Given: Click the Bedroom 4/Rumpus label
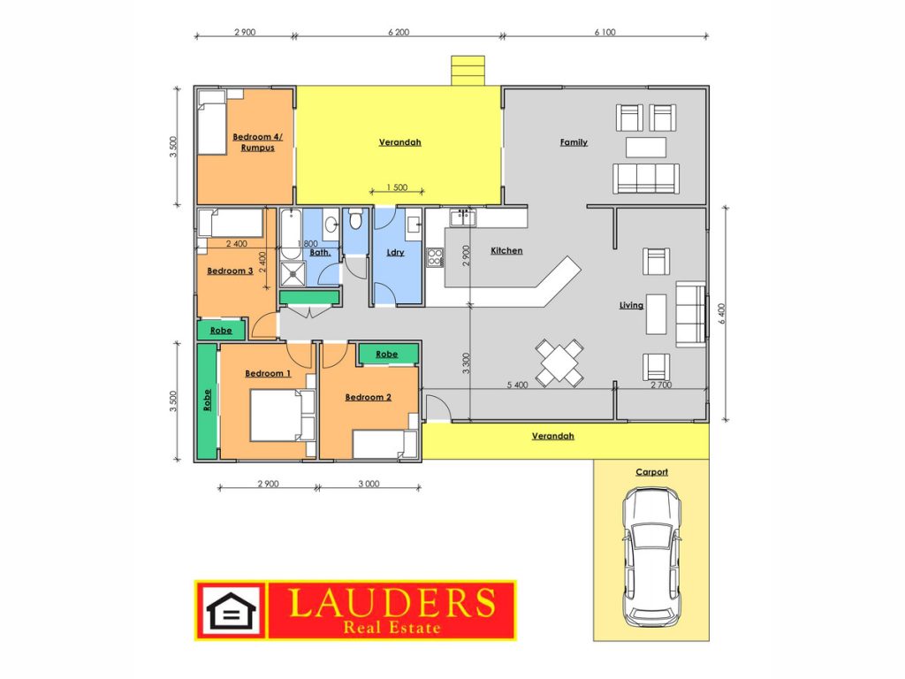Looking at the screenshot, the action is tap(257, 142).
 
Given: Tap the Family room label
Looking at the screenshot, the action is tap(574, 142).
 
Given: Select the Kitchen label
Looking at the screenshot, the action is tap(506, 250).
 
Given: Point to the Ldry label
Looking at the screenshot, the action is tap(395, 252).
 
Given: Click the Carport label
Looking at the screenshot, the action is tap(651, 472).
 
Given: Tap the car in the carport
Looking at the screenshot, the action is tap(651, 557).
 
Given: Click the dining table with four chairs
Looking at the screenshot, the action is tap(559, 362).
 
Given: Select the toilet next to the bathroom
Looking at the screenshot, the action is tap(355, 219).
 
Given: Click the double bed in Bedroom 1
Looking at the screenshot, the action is tap(282, 416).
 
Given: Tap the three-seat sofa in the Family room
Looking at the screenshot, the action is tap(646, 179).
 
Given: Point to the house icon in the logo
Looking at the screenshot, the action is tap(231, 610).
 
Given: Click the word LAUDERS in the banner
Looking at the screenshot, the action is tap(392, 602).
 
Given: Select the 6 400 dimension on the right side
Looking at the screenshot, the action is tap(721, 314).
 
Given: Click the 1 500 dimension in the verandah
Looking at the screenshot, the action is tap(397, 187).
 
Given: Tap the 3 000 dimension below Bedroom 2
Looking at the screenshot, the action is tap(369, 484).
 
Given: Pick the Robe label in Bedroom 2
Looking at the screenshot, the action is tap(387, 355).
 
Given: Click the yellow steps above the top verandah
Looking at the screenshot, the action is tap(468, 71).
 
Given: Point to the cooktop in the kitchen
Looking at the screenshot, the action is tap(435, 257).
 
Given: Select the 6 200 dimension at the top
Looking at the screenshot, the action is tap(399, 33).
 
